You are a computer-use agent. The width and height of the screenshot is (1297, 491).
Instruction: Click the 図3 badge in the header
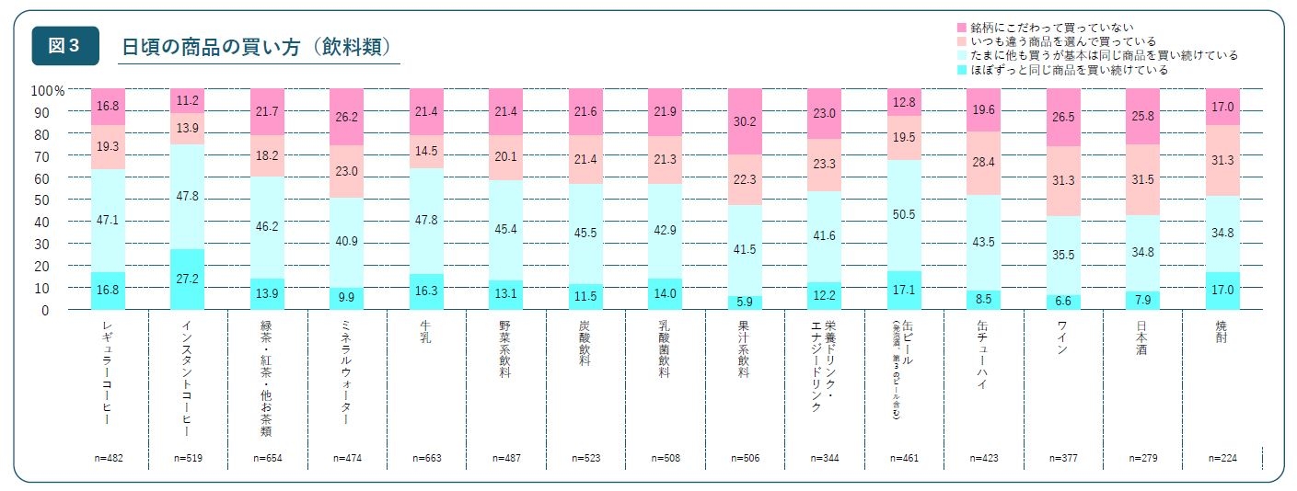pos(64,46)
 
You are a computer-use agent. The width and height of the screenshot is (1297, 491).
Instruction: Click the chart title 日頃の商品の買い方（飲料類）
pos(260,47)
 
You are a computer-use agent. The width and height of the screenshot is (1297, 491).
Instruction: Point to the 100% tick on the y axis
pos(48,90)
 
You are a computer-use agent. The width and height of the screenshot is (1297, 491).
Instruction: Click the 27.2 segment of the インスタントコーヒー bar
pos(188,279)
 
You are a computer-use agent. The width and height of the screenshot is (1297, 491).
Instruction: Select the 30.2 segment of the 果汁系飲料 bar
pos(745,121)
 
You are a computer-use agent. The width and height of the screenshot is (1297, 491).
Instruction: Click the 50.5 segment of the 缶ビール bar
pos(904,216)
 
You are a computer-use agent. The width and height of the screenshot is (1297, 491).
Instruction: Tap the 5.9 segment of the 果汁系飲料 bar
pos(745,303)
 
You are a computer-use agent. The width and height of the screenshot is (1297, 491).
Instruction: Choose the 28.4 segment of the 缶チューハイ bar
pos(984,163)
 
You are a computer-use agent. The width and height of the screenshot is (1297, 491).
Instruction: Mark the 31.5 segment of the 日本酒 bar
pos(1142,180)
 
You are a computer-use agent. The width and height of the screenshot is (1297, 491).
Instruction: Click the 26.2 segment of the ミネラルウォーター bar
pos(347,118)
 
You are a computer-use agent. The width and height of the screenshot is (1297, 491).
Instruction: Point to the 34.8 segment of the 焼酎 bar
pos(1222,234)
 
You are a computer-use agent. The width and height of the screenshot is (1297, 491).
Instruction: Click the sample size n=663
pos(426,457)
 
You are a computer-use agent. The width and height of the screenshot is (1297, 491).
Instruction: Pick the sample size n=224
pos(1222,457)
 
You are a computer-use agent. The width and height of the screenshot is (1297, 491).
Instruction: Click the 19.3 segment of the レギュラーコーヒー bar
pos(109,146)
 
